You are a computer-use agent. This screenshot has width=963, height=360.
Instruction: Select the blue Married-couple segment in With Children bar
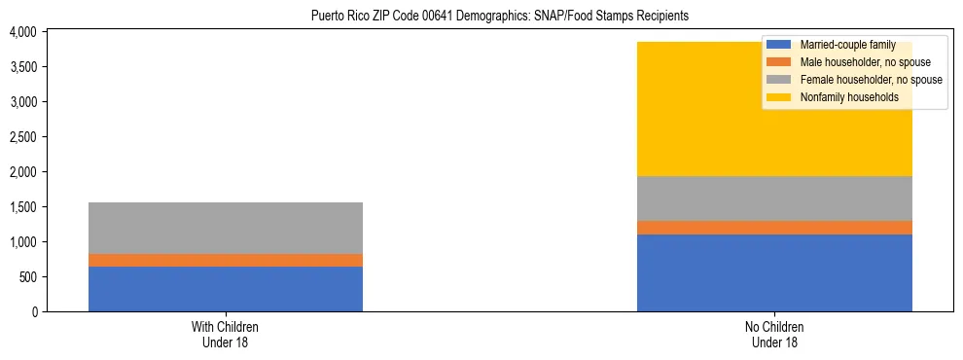pyautogui.click(x=226, y=289)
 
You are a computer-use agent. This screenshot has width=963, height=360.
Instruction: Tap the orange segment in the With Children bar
pyautogui.click(x=226, y=260)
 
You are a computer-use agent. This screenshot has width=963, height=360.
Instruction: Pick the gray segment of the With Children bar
pyautogui.click(x=226, y=228)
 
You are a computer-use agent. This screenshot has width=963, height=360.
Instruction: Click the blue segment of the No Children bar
pyautogui.click(x=774, y=272)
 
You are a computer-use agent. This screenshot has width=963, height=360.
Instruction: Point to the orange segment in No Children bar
pyautogui.click(x=774, y=228)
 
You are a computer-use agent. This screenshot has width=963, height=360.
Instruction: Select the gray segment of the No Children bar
pyautogui.click(x=774, y=198)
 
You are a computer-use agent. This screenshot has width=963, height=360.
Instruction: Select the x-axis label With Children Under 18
pyautogui.click(x=226, y=334)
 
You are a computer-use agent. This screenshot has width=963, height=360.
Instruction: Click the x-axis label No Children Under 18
pyautogui.click(x=774, y=334)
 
